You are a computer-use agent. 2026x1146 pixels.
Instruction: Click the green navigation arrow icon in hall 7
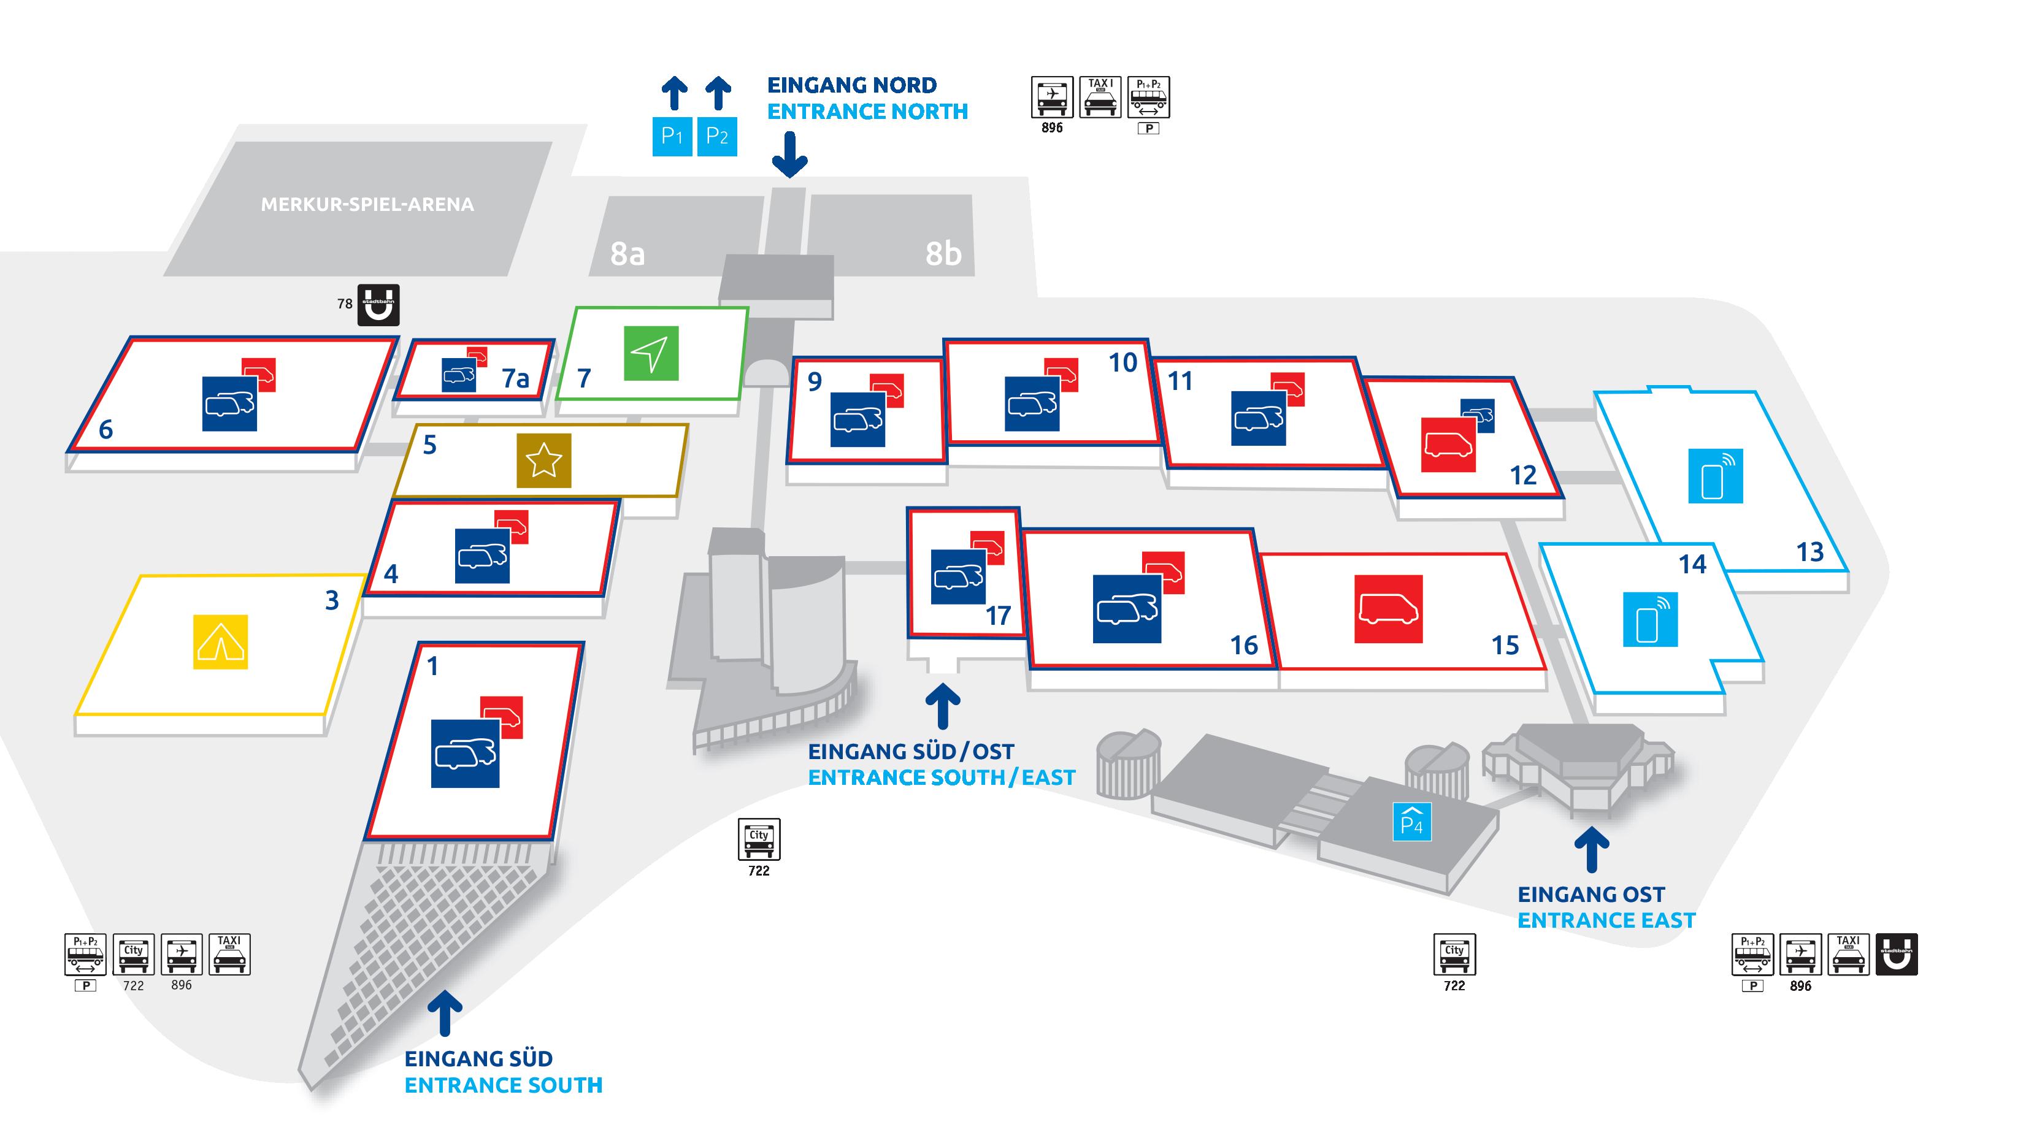click(x=651, y=353)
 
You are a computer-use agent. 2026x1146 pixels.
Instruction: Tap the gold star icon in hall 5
click(x=543, y=460)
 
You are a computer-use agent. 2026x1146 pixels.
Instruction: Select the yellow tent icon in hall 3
click(x=220, y=642)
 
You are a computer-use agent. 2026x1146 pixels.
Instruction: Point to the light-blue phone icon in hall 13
click(x=1715, y=476)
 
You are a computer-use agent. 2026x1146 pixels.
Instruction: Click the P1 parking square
click(x=672, y=136)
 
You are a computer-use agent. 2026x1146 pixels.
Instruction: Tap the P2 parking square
click(x=717, y=136)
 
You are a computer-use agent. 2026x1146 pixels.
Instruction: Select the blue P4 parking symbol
click(x=1411, y=822)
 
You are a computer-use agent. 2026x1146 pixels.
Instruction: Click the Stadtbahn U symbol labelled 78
click(x=378, y=305)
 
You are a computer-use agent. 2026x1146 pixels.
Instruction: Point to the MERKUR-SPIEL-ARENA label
click(x=367, y=205)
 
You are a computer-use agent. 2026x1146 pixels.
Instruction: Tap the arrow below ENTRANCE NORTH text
click(x=789, y=155)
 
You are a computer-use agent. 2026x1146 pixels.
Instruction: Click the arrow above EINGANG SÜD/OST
click(x=942, y=706)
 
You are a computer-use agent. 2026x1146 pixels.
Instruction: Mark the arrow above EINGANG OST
click(x=1592, y=849)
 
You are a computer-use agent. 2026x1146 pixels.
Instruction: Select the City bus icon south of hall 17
click(x=759, y=839)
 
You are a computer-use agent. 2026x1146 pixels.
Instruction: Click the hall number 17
click(x=998, y=616)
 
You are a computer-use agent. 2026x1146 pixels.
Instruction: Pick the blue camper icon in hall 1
click(x=464, y=754)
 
